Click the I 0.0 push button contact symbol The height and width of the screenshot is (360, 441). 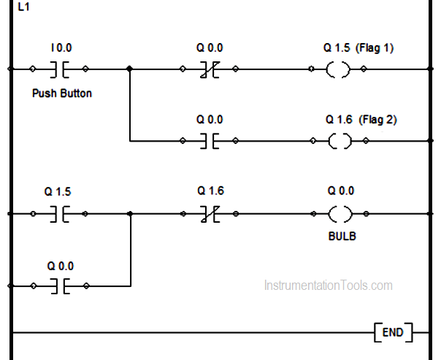(59, 69)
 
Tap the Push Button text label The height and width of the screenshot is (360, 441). (62, 93)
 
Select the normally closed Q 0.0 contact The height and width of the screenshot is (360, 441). (209, 69)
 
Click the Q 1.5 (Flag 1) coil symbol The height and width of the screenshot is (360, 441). (337, 69)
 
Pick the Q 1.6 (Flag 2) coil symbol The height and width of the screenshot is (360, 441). (337, 141)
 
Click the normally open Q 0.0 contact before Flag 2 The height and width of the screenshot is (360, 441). (209, 141)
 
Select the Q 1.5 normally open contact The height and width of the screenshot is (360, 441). (59, 214)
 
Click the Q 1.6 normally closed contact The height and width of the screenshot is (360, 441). (209, 214)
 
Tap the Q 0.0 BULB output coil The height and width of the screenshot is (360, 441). (337, 214)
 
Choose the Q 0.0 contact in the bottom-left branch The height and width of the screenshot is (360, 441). (59, 286)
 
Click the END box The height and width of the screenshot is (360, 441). (392, 333)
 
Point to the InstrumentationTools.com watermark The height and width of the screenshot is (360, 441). (328, 286)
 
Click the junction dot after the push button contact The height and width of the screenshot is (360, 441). (129, 69)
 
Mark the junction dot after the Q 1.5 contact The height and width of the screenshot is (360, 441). (129, 214)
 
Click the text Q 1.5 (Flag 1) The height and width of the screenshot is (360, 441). (358, 48)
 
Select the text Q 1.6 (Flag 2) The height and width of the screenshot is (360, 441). (361, 119)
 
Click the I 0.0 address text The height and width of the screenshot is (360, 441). (61, 48)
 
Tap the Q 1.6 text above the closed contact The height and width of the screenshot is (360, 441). (210, 191)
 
